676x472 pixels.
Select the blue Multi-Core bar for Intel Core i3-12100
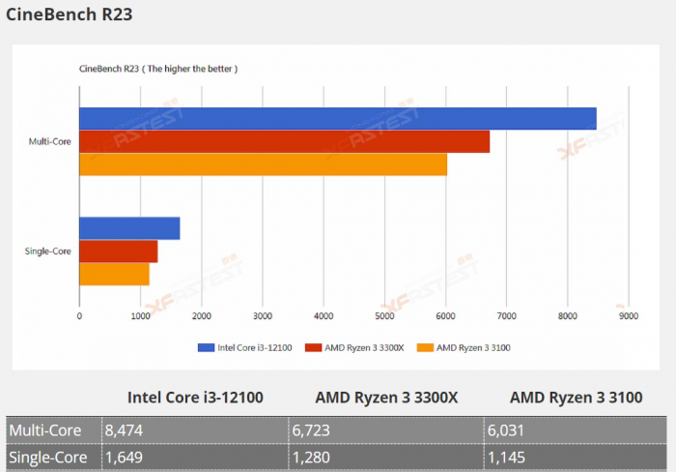(x=337, y=118)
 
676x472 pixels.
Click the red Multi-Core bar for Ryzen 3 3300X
(x=284, y=141)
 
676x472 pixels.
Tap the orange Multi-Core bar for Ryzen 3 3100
(x=263, y=164)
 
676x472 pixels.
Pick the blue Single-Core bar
(x=129, y=228)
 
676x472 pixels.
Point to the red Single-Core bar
(x=118, y=251)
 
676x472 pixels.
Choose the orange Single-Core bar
(x=114, y=275)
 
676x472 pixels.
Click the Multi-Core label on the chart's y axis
(x=49, y=142)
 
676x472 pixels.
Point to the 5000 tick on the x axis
(x=384, y=315)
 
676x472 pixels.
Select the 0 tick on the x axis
(x=79, y=315)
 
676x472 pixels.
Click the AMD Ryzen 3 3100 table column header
(x=577, y=398)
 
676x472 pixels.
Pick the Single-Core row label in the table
(x=49, y=457)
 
